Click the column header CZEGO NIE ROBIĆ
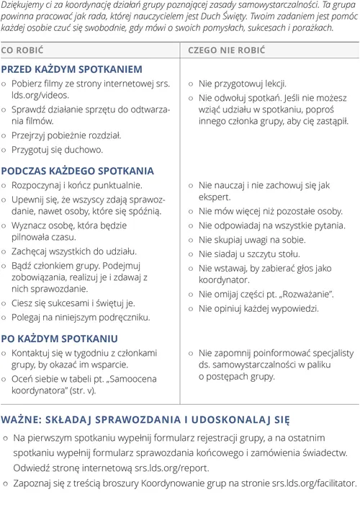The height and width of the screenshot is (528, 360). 226,50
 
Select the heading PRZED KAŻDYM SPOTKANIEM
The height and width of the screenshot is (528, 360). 71,69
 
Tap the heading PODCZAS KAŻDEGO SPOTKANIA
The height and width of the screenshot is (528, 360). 77,171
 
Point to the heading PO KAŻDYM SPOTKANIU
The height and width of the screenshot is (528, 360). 59,339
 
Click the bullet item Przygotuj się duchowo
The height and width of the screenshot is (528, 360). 57,150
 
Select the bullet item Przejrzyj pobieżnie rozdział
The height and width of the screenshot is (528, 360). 66,135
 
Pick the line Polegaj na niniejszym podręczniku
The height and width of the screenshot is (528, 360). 81,317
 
